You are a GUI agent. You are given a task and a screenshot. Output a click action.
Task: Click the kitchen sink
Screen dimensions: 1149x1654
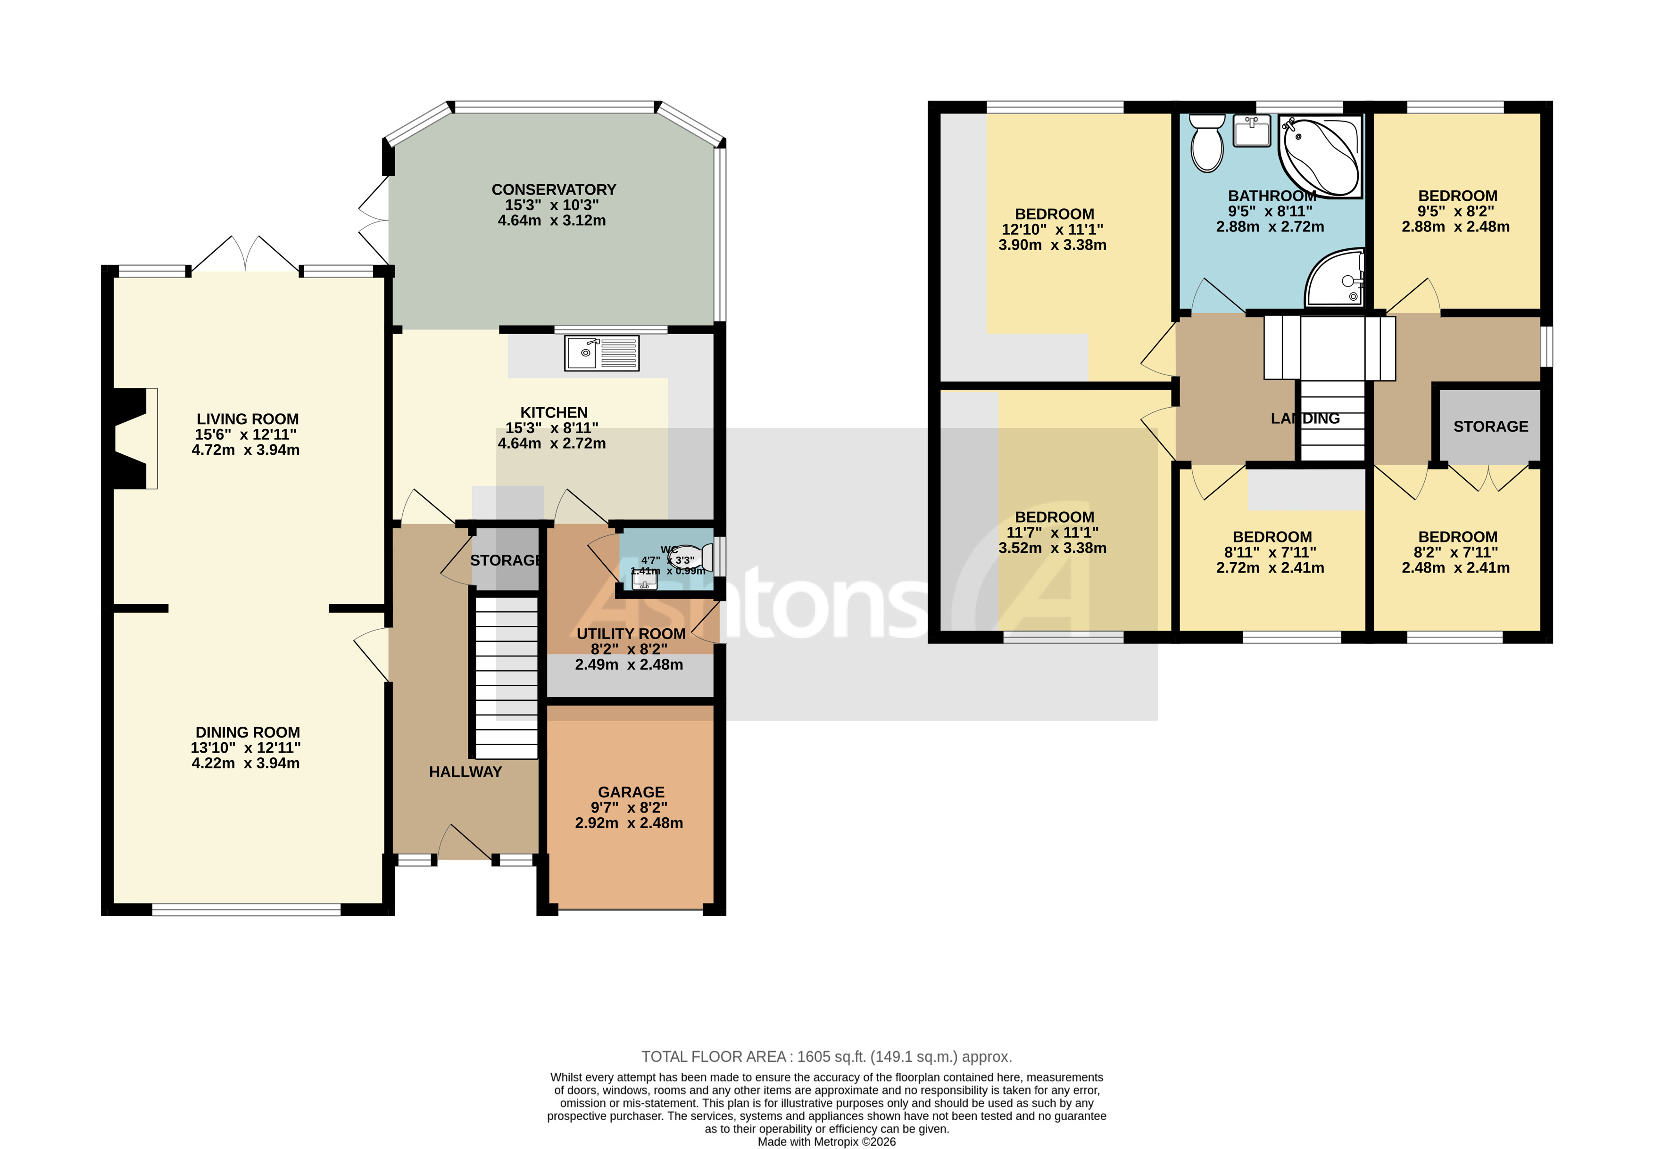601,353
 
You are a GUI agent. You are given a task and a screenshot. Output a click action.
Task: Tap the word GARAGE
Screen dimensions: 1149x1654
631,792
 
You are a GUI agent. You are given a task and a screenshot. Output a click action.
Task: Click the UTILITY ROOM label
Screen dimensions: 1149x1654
631,633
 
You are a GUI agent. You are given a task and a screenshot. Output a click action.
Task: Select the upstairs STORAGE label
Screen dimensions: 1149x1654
1490,426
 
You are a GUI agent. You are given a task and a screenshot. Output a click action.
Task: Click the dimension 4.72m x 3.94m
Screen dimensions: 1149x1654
246,450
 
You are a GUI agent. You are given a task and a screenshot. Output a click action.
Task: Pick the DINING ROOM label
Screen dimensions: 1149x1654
247,732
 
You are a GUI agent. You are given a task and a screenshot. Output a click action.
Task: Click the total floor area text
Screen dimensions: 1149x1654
826,1057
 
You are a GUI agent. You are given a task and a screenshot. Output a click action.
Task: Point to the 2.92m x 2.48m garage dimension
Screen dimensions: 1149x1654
628,823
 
